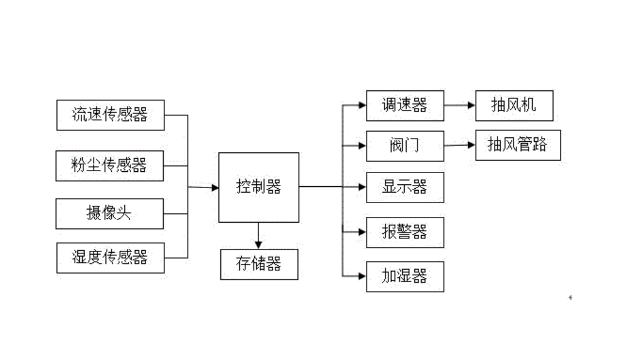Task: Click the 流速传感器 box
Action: point(110,115)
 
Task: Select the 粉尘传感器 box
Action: point(110,166)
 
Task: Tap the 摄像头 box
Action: point(110,213)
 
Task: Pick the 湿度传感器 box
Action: point(110,257)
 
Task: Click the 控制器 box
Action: point(259,187)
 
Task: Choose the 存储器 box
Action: point(259,264)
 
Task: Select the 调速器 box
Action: point(405,105)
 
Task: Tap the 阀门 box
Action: point(405,146)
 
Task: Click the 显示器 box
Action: point(405,187)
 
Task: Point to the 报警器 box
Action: point(405,232)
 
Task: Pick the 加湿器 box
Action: point(405,276)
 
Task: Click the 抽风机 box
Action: point(514,105)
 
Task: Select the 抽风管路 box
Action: point(518,146)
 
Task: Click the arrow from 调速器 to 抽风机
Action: point(459,105)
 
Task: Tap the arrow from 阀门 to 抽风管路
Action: point(459,146)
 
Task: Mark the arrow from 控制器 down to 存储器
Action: point(259,236)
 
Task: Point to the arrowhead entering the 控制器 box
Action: point(214,188)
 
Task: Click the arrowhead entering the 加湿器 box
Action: point(362,276)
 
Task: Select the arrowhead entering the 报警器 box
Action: point(362,232)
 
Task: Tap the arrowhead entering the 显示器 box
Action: point(362,187)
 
